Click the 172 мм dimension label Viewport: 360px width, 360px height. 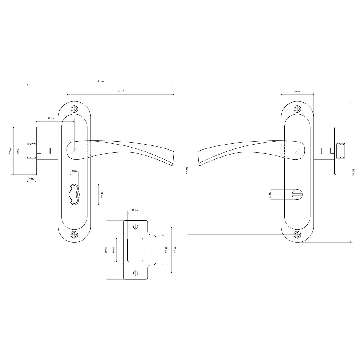pos(100,81)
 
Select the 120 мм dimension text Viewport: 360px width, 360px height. pos(120,91)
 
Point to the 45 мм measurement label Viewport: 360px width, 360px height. pos(50,119)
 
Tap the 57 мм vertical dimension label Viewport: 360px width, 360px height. pos(10,151)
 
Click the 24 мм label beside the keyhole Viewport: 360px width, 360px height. pos(102,194)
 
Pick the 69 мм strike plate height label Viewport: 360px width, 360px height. pos(105,250)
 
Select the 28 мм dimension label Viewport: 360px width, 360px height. pos(113,250)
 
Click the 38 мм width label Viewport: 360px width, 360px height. pos(297,92)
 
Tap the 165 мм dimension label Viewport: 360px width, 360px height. pos(354,172)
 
